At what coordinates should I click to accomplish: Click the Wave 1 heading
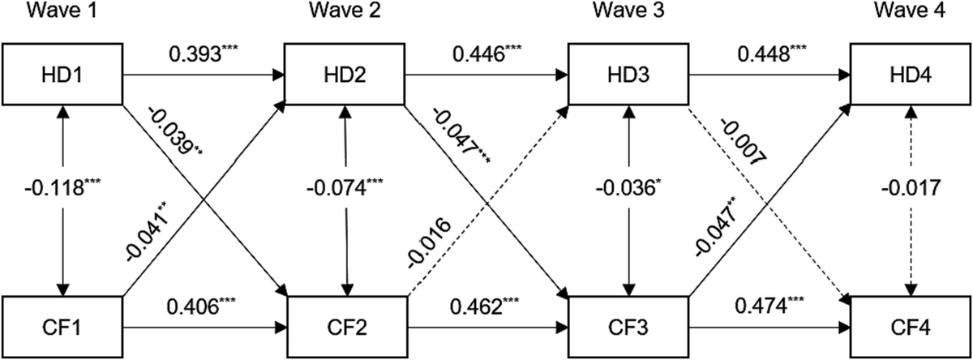click(x=62, y=11)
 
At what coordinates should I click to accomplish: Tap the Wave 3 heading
click(x=629, y=11)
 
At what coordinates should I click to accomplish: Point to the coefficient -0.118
click(x=54, y=188)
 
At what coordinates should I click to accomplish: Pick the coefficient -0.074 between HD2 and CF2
click(x=336, y=188)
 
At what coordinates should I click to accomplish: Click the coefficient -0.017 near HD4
click(x=911, y=188)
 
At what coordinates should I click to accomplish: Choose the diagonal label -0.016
click(x=429, y=242)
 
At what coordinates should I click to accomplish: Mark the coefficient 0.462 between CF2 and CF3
click(x=477, y=306)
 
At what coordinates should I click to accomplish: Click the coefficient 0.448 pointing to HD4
click(x=763, y=55)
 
